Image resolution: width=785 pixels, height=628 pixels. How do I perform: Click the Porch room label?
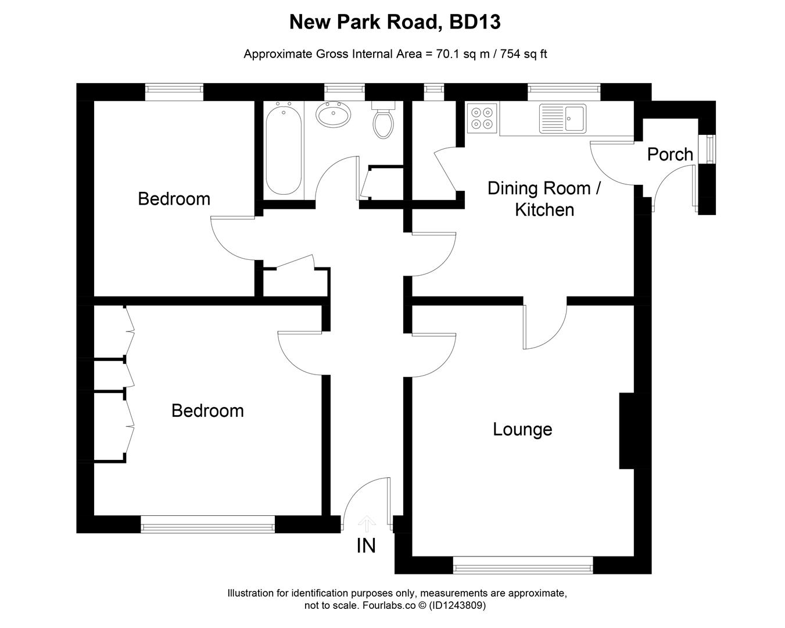tap(670, 155)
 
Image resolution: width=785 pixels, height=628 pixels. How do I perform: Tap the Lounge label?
tap(522, 429)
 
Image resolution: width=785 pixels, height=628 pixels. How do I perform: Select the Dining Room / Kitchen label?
tap(544, 199)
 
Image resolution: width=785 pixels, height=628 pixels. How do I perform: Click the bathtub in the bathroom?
tap(284, 149)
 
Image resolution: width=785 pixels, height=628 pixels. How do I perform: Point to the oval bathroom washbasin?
tap(333, 114)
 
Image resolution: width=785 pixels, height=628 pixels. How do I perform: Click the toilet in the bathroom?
tap(382, 121)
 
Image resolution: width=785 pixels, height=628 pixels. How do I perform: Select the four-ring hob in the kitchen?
tap(482, 119)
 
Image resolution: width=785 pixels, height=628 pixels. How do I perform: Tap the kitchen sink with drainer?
tap(562, 119)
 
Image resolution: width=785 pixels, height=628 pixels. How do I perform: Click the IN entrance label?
tap(366, 546)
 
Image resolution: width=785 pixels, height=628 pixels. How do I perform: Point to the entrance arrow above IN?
tap(366, 523)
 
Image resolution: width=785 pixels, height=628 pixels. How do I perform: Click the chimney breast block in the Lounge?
tap(628, 430)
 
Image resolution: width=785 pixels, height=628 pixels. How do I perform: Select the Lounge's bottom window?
tap(523, 565)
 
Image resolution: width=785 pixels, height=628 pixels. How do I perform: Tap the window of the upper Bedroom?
tap(174, 89)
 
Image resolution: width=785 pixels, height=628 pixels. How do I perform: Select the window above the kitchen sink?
tap(564, 89)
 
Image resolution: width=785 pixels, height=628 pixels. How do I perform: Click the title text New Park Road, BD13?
tap(395, 22)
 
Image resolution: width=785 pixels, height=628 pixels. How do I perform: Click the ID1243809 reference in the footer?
tap(457, 605)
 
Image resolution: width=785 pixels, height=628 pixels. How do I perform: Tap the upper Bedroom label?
tap(174, 199)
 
